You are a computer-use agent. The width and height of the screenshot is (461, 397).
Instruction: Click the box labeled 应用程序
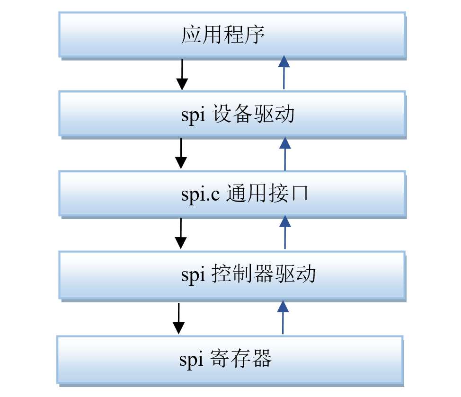(232, 35)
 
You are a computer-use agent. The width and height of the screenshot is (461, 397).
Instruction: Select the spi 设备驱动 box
(232, 114)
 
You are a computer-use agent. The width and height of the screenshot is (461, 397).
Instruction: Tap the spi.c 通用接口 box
(232, 194)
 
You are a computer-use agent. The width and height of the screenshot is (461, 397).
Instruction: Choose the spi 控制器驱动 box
(232, 274)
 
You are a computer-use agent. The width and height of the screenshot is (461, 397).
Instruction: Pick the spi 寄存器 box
(230, 359)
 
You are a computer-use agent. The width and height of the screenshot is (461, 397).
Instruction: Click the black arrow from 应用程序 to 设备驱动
(182, 74)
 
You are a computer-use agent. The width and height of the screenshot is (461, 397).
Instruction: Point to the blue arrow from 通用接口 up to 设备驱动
(284, 154)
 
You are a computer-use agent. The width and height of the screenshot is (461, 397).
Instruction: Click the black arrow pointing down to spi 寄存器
(178, 318)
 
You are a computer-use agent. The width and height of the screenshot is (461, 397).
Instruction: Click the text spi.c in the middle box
(200, 194)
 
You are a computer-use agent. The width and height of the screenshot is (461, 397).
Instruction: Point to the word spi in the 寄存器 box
(191, 360)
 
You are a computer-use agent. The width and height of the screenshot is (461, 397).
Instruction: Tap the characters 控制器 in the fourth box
(240, 274)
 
